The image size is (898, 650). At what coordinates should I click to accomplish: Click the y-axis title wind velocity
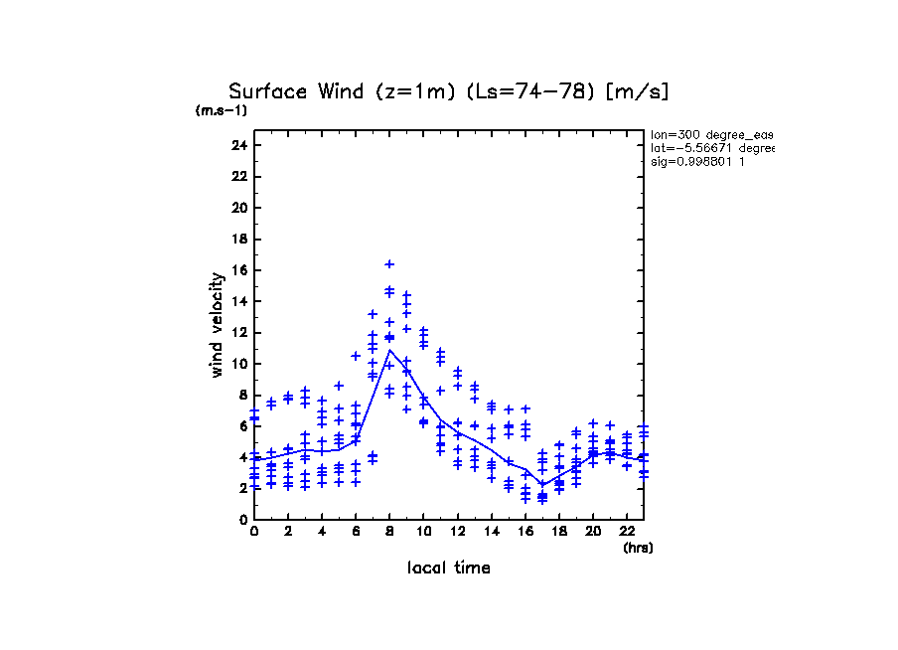coord(217,325)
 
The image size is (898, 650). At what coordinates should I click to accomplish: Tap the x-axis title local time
coord(448,569)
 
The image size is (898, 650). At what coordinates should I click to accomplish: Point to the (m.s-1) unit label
coord(221,111)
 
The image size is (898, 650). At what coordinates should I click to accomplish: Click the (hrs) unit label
coord(638,548)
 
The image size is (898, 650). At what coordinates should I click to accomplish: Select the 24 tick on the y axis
coord(237,146)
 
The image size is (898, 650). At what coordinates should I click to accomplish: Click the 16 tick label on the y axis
coord(237,270)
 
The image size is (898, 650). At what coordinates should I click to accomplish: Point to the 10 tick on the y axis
coord(237,364)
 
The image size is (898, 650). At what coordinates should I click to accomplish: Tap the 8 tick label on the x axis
coord(389,532)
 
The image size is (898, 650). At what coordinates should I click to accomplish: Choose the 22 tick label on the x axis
coord(626,532)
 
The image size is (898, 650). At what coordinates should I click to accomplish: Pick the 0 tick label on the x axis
coord(254,532)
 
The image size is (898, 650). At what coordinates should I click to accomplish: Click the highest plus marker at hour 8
coord(389,264)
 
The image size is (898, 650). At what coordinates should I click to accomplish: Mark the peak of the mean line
coord(389,350)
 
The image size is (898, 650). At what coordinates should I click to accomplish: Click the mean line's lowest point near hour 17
coord(542,484)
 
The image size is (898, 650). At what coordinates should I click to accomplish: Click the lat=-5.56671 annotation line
coord(710,148)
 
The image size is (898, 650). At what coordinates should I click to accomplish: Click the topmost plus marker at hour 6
coord(356,356)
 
